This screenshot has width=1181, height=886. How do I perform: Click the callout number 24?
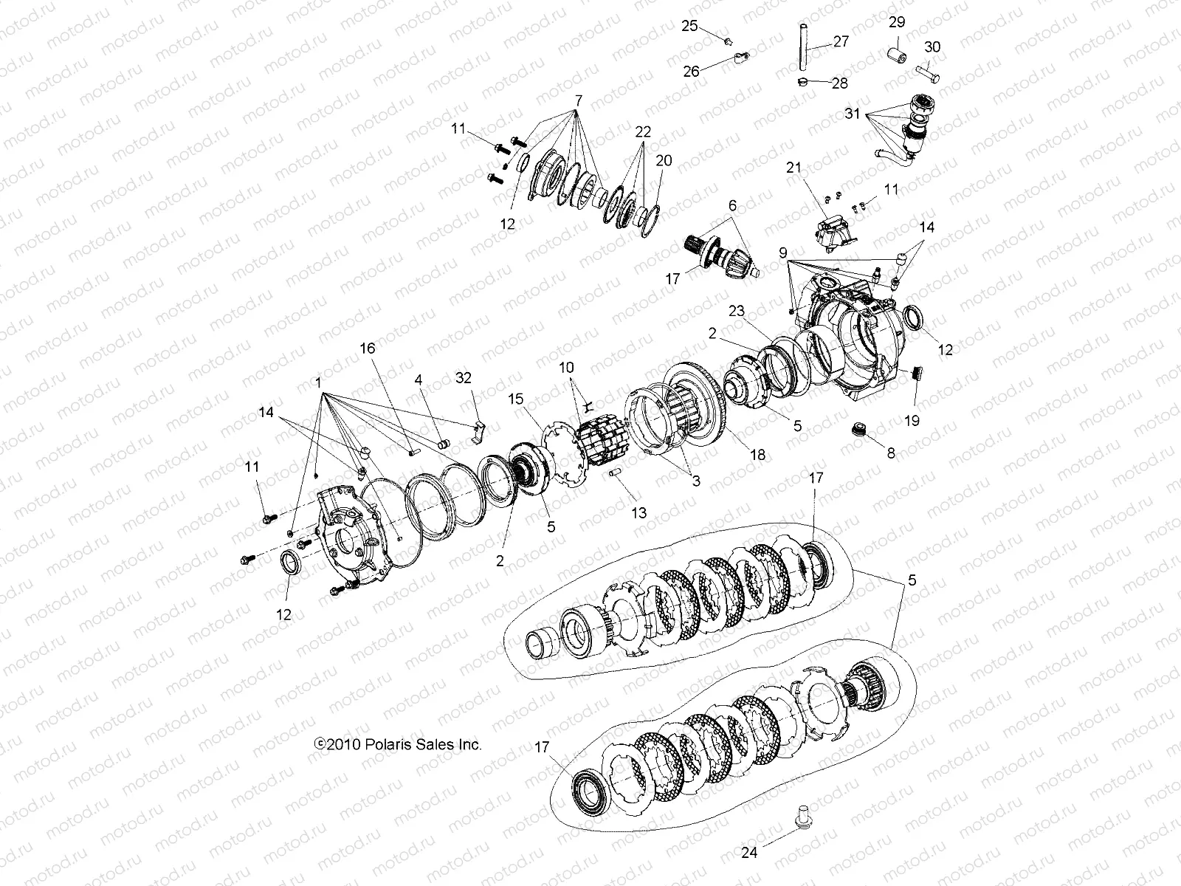[749, 853]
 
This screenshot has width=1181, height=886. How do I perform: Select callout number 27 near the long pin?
[841, 41]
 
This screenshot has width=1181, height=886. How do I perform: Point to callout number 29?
[896, 22]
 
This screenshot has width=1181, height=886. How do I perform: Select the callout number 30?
[932, 47]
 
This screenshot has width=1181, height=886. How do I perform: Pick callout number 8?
[891, 453]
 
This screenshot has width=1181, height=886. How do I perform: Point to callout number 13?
[638, 512]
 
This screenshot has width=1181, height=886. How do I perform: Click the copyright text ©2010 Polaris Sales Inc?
[398, 744]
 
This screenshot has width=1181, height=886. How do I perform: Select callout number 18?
[759, 456]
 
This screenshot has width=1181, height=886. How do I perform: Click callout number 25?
[689, 26]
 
